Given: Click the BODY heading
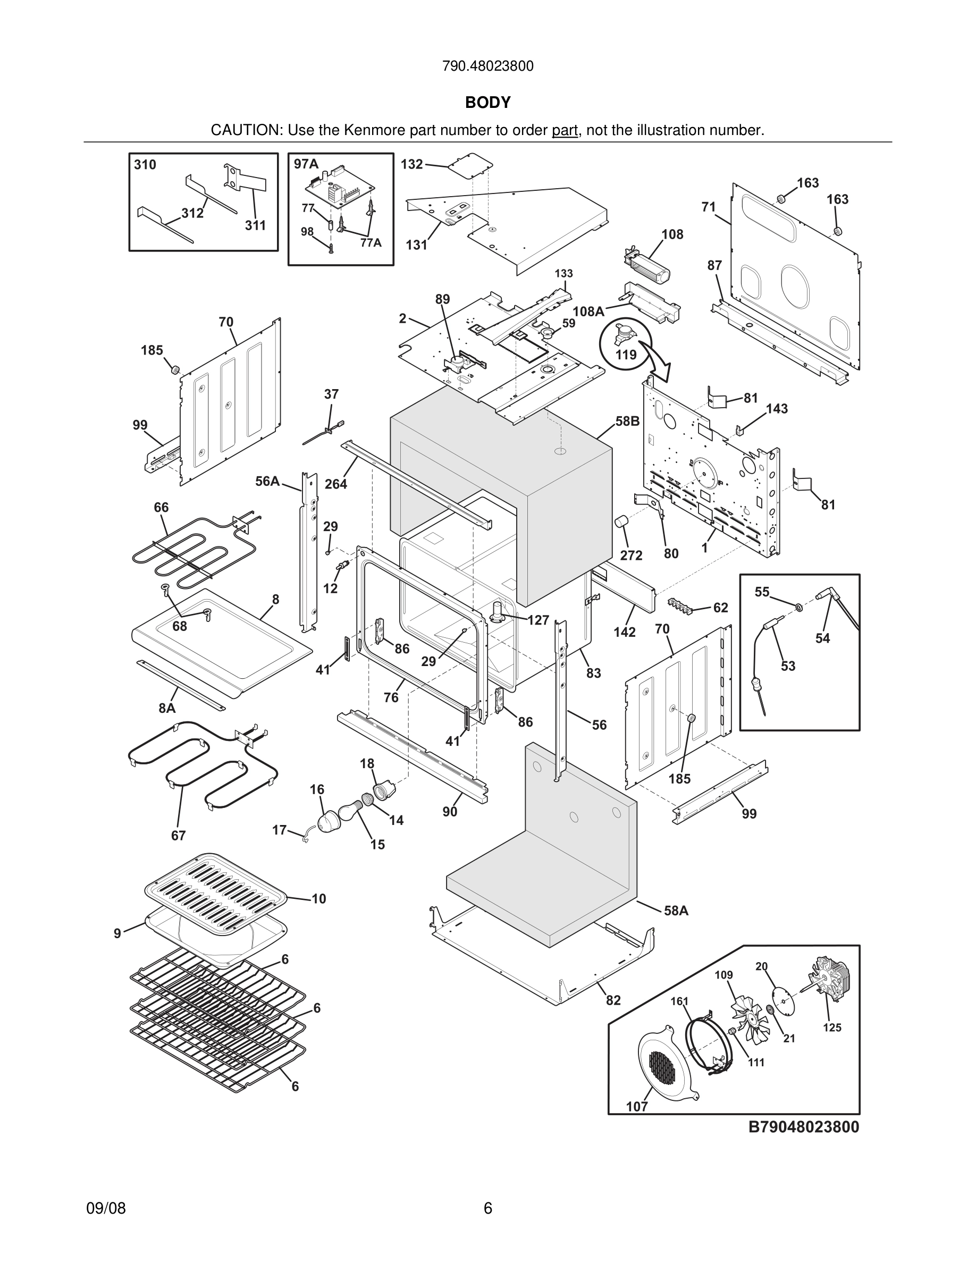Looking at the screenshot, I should [x=487, y=103].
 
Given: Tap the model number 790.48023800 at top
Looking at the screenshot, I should [x=487, y=66].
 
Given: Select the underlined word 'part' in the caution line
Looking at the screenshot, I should [x=565, y=131].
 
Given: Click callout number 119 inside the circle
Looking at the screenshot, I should [x=626, y=355].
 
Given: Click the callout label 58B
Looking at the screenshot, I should [x=627, y=421].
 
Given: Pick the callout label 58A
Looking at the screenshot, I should [x=676, y=911].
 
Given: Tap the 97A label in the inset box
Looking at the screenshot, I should [x=306, y=164].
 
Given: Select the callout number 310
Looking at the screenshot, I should [x=145, y=165].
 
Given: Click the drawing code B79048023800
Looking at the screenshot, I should [x=804, y=1127].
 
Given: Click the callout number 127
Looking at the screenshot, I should [x=538, y=620].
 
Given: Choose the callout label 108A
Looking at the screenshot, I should [x=588, y=311].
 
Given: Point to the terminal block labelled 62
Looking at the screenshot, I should [x=681, y=604].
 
